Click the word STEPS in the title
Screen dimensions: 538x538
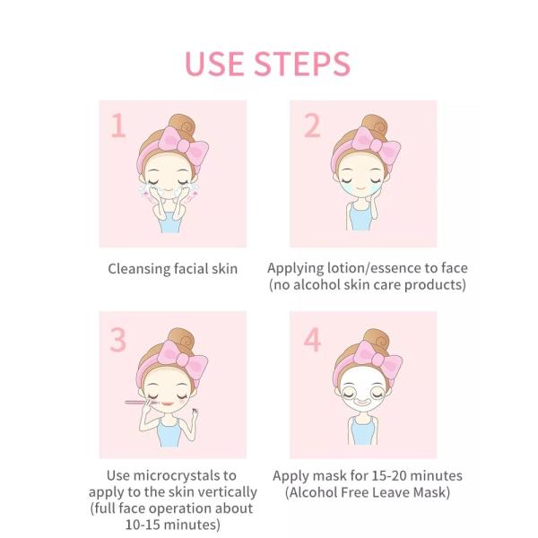point(302,64)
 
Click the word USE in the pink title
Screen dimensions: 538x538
point(214,64)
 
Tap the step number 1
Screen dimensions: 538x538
point(118,126)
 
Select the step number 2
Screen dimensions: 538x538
point(312,126)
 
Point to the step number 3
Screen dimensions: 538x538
point(118,340)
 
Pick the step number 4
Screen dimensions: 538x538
point(313,340)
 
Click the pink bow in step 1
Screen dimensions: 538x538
point(184,145)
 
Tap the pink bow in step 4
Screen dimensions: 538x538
point(377,360)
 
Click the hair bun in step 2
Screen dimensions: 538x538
point(376,126)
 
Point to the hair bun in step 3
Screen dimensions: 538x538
point(182,339)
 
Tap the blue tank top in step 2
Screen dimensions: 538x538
point(360,216)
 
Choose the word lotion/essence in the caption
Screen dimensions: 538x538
point(374,268)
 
